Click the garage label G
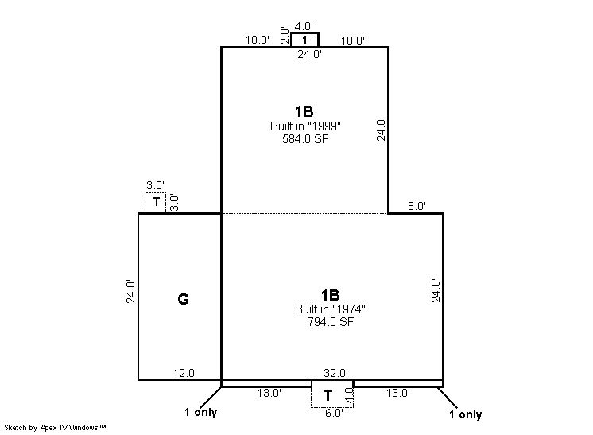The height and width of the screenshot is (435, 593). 183,299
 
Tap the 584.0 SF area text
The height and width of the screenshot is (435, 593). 305,139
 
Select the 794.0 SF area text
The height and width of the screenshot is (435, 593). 331,322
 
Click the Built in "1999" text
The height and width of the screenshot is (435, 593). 305,126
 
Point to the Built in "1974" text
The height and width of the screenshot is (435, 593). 330,309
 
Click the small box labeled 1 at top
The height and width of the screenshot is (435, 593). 304,40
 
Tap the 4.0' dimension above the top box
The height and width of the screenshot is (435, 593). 304,26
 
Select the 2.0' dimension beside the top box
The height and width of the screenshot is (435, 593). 285,36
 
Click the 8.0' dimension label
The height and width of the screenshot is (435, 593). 417,206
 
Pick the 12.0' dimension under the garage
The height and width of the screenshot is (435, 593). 185,373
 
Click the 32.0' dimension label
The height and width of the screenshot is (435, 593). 335,373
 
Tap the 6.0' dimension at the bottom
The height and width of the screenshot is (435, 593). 334,413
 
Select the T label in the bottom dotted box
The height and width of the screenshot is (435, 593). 328,396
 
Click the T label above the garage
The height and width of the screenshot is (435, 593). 156,202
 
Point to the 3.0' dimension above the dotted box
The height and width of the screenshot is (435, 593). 156,185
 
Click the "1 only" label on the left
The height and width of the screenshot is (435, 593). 201,412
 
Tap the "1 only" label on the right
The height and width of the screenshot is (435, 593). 466,414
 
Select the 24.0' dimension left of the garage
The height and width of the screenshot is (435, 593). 130,291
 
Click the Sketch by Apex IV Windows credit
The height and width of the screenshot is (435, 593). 55,427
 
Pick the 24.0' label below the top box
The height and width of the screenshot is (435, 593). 309,54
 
